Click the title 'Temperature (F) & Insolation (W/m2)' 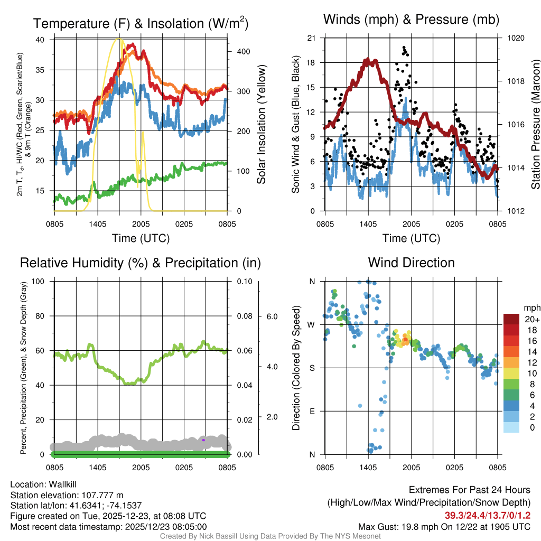(x=141, y=23)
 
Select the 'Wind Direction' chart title (x=411, y=263)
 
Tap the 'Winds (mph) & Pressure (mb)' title (x=411, y=20)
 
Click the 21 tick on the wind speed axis (x=311, y=38)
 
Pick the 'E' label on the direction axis (x=312, y=411)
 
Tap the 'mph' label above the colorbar (x=530, y=307)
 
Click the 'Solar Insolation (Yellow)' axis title (x=261, y=124)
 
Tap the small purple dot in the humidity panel (x=203, y=440)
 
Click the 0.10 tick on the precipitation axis (x=244, y=282)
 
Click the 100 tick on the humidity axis (x=38, y=282)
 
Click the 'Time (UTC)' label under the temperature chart (x=141, y=238)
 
